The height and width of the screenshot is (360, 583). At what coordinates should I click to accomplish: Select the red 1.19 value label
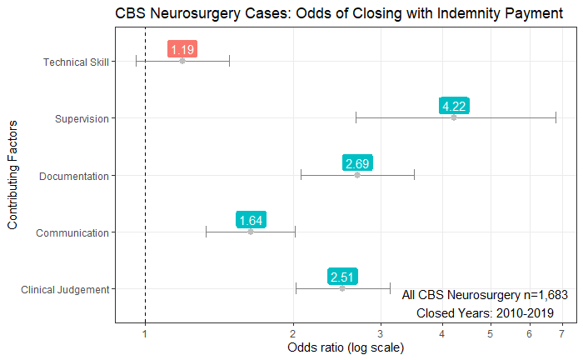point(182,50)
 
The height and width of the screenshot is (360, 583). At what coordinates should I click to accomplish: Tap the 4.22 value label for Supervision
point(454,107)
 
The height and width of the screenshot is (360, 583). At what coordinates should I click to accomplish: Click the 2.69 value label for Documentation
point(356,163)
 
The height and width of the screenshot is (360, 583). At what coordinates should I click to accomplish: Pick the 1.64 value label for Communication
point(251,220)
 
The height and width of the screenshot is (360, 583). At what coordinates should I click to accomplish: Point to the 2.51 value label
point(342,277)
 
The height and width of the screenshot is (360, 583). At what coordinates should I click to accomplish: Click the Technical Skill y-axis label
point(76,62)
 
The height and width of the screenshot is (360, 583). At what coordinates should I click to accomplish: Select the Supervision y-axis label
point(82,118)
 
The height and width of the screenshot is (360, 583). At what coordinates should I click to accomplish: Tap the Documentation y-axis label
point(74,176)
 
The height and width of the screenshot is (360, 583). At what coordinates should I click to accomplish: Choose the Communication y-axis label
point(72,232)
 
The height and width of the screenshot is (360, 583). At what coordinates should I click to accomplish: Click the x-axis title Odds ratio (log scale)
point(345,347)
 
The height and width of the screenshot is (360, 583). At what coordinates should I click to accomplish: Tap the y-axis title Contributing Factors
point(12,175)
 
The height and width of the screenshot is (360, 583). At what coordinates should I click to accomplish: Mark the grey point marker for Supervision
point(454,117)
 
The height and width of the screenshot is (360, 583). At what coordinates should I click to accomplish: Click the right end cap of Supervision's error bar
point(556,117)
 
